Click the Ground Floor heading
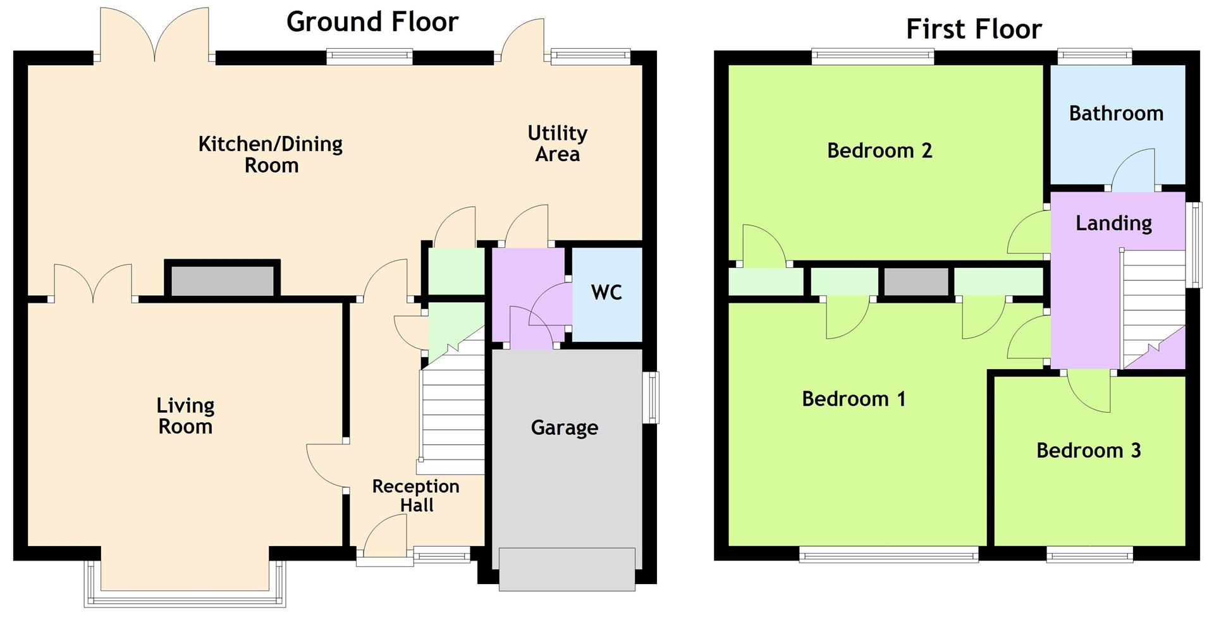[372, 22]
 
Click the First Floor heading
[974, 29]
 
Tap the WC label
[606, 292]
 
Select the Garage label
[565, 428]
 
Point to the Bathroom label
[1116, 113]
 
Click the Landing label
[1113, 223]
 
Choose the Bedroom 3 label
[1088, 450]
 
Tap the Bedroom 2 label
[880, 150]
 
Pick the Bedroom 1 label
[854, 399]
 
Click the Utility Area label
[558, 143]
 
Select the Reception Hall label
[416, 496]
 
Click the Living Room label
[185, 416]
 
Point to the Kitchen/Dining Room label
[271, 154]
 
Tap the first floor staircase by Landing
[1153, 310]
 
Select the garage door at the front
[567, 570]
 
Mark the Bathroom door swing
[1133, 169]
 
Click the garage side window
[651, 397]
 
